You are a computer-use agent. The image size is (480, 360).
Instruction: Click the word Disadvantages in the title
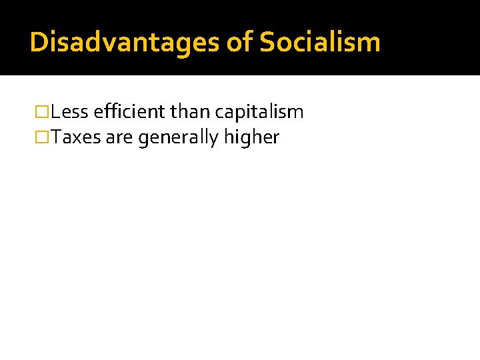tap(125, 42)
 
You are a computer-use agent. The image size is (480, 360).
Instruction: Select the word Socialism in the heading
tap(319, 42)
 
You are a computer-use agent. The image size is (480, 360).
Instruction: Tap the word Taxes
tap(76, 137)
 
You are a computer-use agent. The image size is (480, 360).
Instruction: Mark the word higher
tap(251, 137)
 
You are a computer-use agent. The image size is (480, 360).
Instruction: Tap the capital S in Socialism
tap(267, 42)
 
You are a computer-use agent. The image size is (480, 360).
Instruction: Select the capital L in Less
tap(55, 112)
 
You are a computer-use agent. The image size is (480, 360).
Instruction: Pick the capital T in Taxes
tap(57, 137)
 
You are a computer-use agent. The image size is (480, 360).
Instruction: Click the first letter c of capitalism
tap(219, 113)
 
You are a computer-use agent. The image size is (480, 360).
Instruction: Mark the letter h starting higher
tap(228, 137)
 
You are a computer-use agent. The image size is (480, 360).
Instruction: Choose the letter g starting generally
tap(143, 139)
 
